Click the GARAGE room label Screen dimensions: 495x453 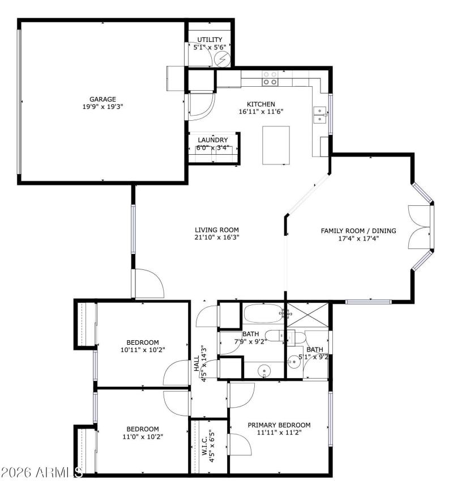102,99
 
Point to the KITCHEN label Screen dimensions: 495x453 260,104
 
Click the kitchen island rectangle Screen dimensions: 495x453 276,145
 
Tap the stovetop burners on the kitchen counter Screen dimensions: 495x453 270,78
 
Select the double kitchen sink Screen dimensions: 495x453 320,114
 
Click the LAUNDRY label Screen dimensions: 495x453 213,140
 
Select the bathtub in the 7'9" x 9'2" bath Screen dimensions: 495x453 264,313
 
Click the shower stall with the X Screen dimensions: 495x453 307,315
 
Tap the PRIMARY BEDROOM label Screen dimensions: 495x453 279,425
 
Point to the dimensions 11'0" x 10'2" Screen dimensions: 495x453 143,437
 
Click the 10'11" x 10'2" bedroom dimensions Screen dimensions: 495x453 143,350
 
